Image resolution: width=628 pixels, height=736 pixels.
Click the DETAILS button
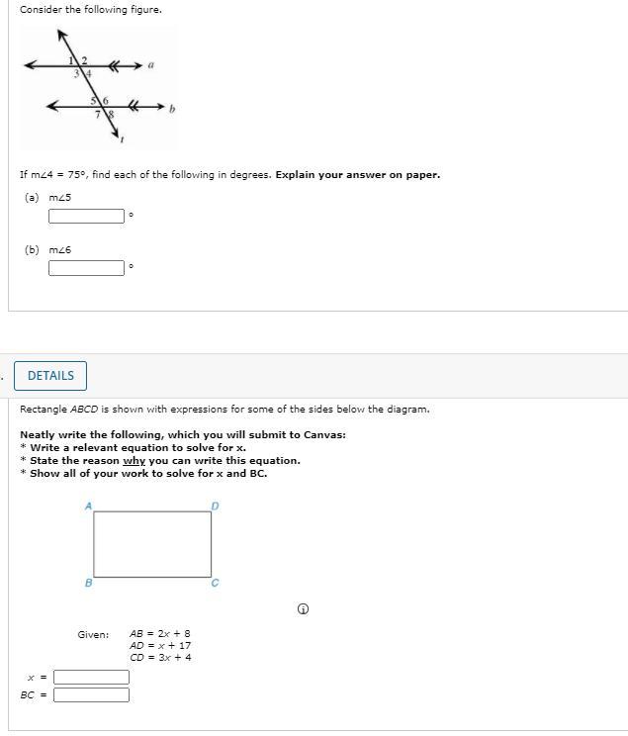coord(50,376)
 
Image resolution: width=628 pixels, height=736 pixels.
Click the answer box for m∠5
coord(87,216)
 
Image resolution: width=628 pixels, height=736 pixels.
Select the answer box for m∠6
coord(87,267)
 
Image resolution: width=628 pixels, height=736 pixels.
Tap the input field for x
coord(91,678)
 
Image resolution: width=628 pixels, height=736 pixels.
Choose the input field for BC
coord(91,694)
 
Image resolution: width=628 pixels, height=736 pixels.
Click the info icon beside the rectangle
coord(303,608)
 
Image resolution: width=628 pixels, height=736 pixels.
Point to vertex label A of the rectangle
coord(88,506)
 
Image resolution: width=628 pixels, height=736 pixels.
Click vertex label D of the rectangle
coord(216,506)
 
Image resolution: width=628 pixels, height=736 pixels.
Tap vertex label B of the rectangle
coord(88,583)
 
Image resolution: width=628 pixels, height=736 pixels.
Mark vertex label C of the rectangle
coord(216,583)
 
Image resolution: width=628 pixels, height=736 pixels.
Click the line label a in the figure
coord(151,65)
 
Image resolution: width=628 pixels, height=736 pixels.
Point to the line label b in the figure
coord(171,109)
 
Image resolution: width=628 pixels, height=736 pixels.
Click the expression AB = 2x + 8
coord(160,634)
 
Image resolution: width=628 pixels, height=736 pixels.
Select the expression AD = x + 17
coord(160,645)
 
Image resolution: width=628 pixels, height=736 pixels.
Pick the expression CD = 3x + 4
coord(160,657)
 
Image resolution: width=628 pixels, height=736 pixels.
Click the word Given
coord(93,634)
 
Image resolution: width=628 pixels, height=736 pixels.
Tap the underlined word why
coord(134,460)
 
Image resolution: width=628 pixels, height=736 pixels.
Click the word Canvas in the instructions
coord(323,434)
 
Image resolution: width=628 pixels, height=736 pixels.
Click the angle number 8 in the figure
coord(110,115)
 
